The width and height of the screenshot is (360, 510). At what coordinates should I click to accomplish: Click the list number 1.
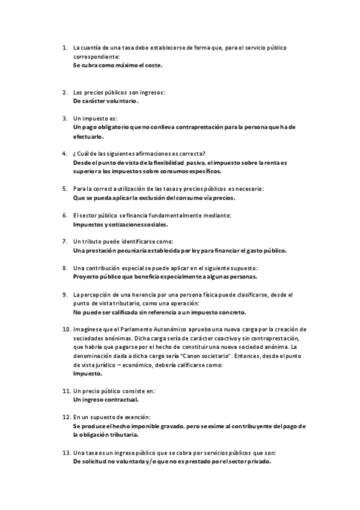(x=64, y=47)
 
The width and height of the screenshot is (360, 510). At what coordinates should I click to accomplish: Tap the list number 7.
(x=64, y=241)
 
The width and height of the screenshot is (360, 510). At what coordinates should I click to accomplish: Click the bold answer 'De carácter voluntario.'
(x=105, y=101)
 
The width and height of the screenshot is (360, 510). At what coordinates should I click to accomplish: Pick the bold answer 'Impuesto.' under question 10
(x=87, y=373)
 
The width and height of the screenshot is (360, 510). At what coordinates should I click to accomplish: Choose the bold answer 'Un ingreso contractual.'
(x=106, y=399)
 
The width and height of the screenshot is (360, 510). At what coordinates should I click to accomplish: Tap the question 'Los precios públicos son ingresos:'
(x=119, y=92)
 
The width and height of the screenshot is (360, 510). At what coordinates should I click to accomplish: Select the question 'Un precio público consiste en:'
(x=114, y=390)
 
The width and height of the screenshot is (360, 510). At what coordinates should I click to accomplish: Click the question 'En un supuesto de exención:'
(x=112, y=417)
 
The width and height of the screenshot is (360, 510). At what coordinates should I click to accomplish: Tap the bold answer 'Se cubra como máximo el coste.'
(x=118, y=64)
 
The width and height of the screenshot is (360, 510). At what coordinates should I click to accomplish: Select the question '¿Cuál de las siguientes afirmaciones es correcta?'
(x=139, y=153)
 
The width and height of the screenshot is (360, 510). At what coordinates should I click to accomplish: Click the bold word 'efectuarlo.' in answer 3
(x=88, y=137)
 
